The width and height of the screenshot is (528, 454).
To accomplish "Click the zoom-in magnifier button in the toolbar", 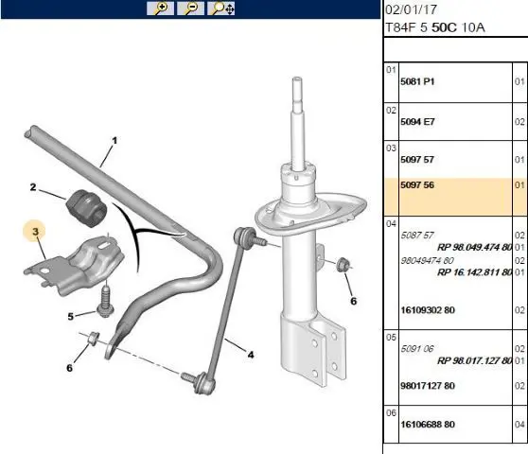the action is pyautogui.click(x=160, y=9).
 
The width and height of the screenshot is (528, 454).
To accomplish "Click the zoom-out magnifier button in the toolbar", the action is pyautogui.click(x=190, y=9).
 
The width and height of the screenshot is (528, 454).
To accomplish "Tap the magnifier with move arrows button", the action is pyautogui.click(x=221, y=9).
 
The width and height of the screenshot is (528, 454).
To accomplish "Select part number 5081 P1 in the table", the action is pyautogui.click(x=417, y=81).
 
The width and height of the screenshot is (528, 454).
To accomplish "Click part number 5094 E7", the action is pyautogui.click(x=417, y=122).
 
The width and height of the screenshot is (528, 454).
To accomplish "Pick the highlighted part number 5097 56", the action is pyautogui.click(x=417, y=185).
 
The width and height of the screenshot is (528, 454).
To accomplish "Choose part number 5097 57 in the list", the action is pyautogui.click(x=417, y=160).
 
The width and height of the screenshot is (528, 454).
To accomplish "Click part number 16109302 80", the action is pyautogui.click(x=428, y=310).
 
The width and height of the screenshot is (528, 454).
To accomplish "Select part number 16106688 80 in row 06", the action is pyautogui.click(x=428, y=425).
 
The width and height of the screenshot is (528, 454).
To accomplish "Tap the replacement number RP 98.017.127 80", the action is pyautogui.click(x=475, y=360).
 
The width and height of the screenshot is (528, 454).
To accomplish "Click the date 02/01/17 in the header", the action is pyautogui.click(x=412, y=9).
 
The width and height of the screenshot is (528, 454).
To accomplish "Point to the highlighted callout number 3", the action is pyautogui.click(x=35, y=232).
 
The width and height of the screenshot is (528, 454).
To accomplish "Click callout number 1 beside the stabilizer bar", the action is pyautogui.click(x=114, y=140).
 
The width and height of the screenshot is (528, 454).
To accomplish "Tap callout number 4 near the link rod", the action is pyautogui.click(x=251, y=355).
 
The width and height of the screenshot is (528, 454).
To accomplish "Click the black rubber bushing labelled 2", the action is pyautogui.click(x=86, y=209).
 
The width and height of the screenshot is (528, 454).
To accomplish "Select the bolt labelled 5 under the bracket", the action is pyautogui.click(x=105, y=302).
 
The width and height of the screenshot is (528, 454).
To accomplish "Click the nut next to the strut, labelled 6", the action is pyautogui.click(x=343, y=264).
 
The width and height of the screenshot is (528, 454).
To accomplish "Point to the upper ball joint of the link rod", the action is pyautogui.click(x=243, y=235).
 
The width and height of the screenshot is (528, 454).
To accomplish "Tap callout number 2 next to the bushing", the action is pyautogui.click(x=33, y=187).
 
